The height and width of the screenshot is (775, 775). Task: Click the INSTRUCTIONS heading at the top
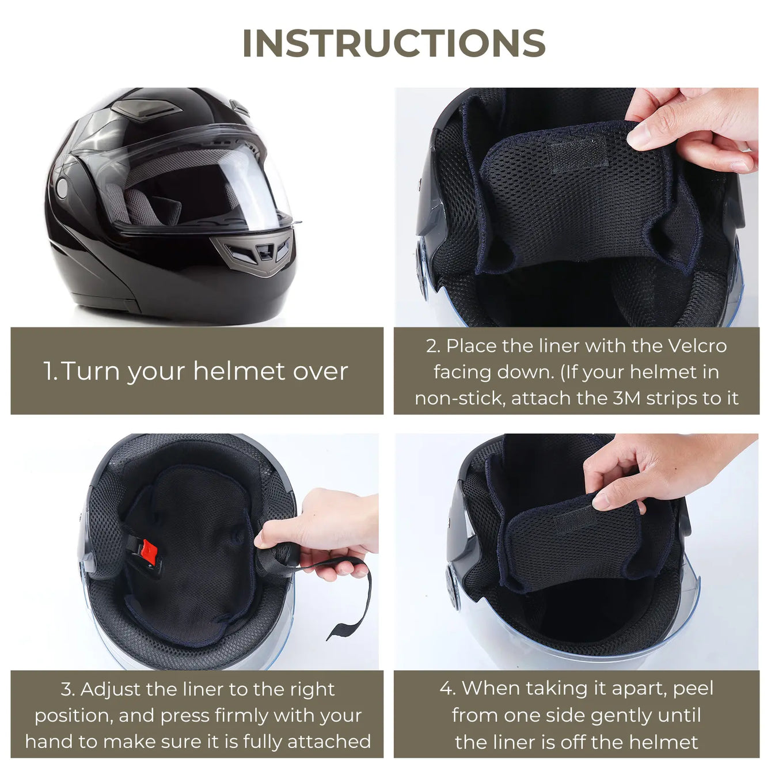tap(394, 43)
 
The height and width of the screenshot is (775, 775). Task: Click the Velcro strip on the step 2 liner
tap(578, 154)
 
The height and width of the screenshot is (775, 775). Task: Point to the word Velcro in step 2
tap(697, 345)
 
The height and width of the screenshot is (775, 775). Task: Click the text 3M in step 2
tap(626, 398)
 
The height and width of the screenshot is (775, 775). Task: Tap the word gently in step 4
tap(626, 715)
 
